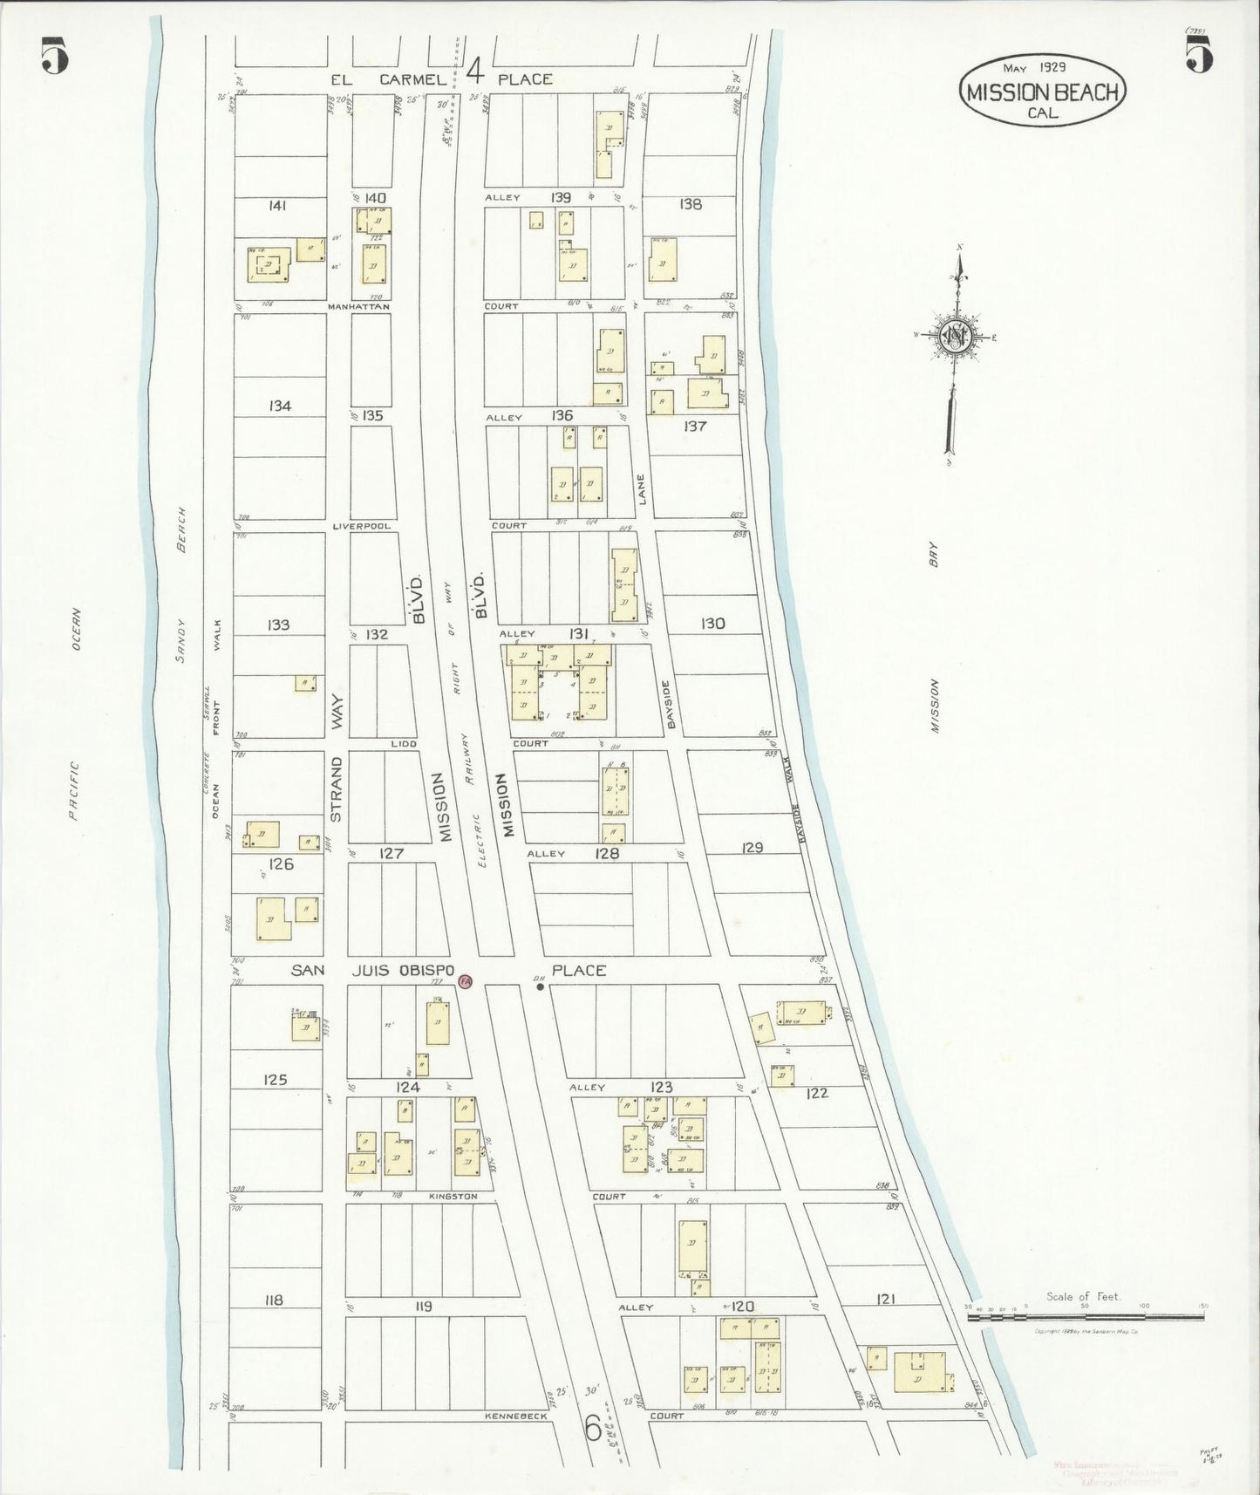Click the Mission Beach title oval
(x=1043, y=91)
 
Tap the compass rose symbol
(x=955, y=335)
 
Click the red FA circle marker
(x=465, y=982)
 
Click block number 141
(x=278, y=206)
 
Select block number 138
(x=691, y=204)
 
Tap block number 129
(x=752, y=847)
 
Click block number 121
(x=885, y=1300)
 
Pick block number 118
(x=274, y=1300)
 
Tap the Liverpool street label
(x=361, y=526)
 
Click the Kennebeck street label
(x=517, y=1416)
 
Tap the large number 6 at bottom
(x=592, y=1428)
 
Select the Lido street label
(x=404, y=743)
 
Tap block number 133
(x=279, y=625)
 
